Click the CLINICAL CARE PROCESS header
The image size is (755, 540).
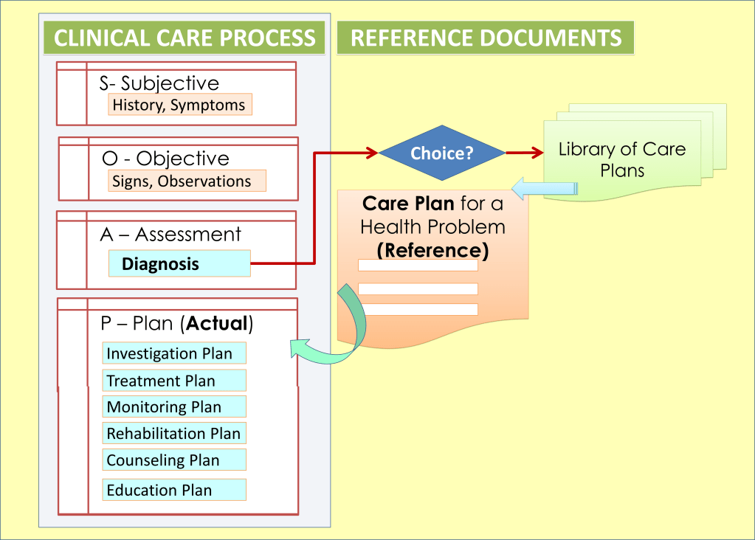point(185,38)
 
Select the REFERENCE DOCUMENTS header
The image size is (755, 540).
point(485,38)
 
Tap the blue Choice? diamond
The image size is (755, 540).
point(442,153)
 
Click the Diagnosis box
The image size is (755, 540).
point(179,263)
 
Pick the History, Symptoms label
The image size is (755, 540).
point(179,105)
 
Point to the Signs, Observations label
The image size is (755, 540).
point(182,181)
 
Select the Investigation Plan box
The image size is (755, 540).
point(173,353)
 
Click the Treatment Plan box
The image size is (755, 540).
point(173,381)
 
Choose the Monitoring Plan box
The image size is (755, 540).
point(173,406)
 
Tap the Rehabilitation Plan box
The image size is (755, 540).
point(173,433)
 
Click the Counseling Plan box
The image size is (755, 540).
point(173,460)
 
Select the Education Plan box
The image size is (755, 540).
point(173,490)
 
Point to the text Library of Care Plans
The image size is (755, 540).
point(621,159)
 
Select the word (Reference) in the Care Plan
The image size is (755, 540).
point(432,250)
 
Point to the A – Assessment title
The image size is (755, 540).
point(170,235)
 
